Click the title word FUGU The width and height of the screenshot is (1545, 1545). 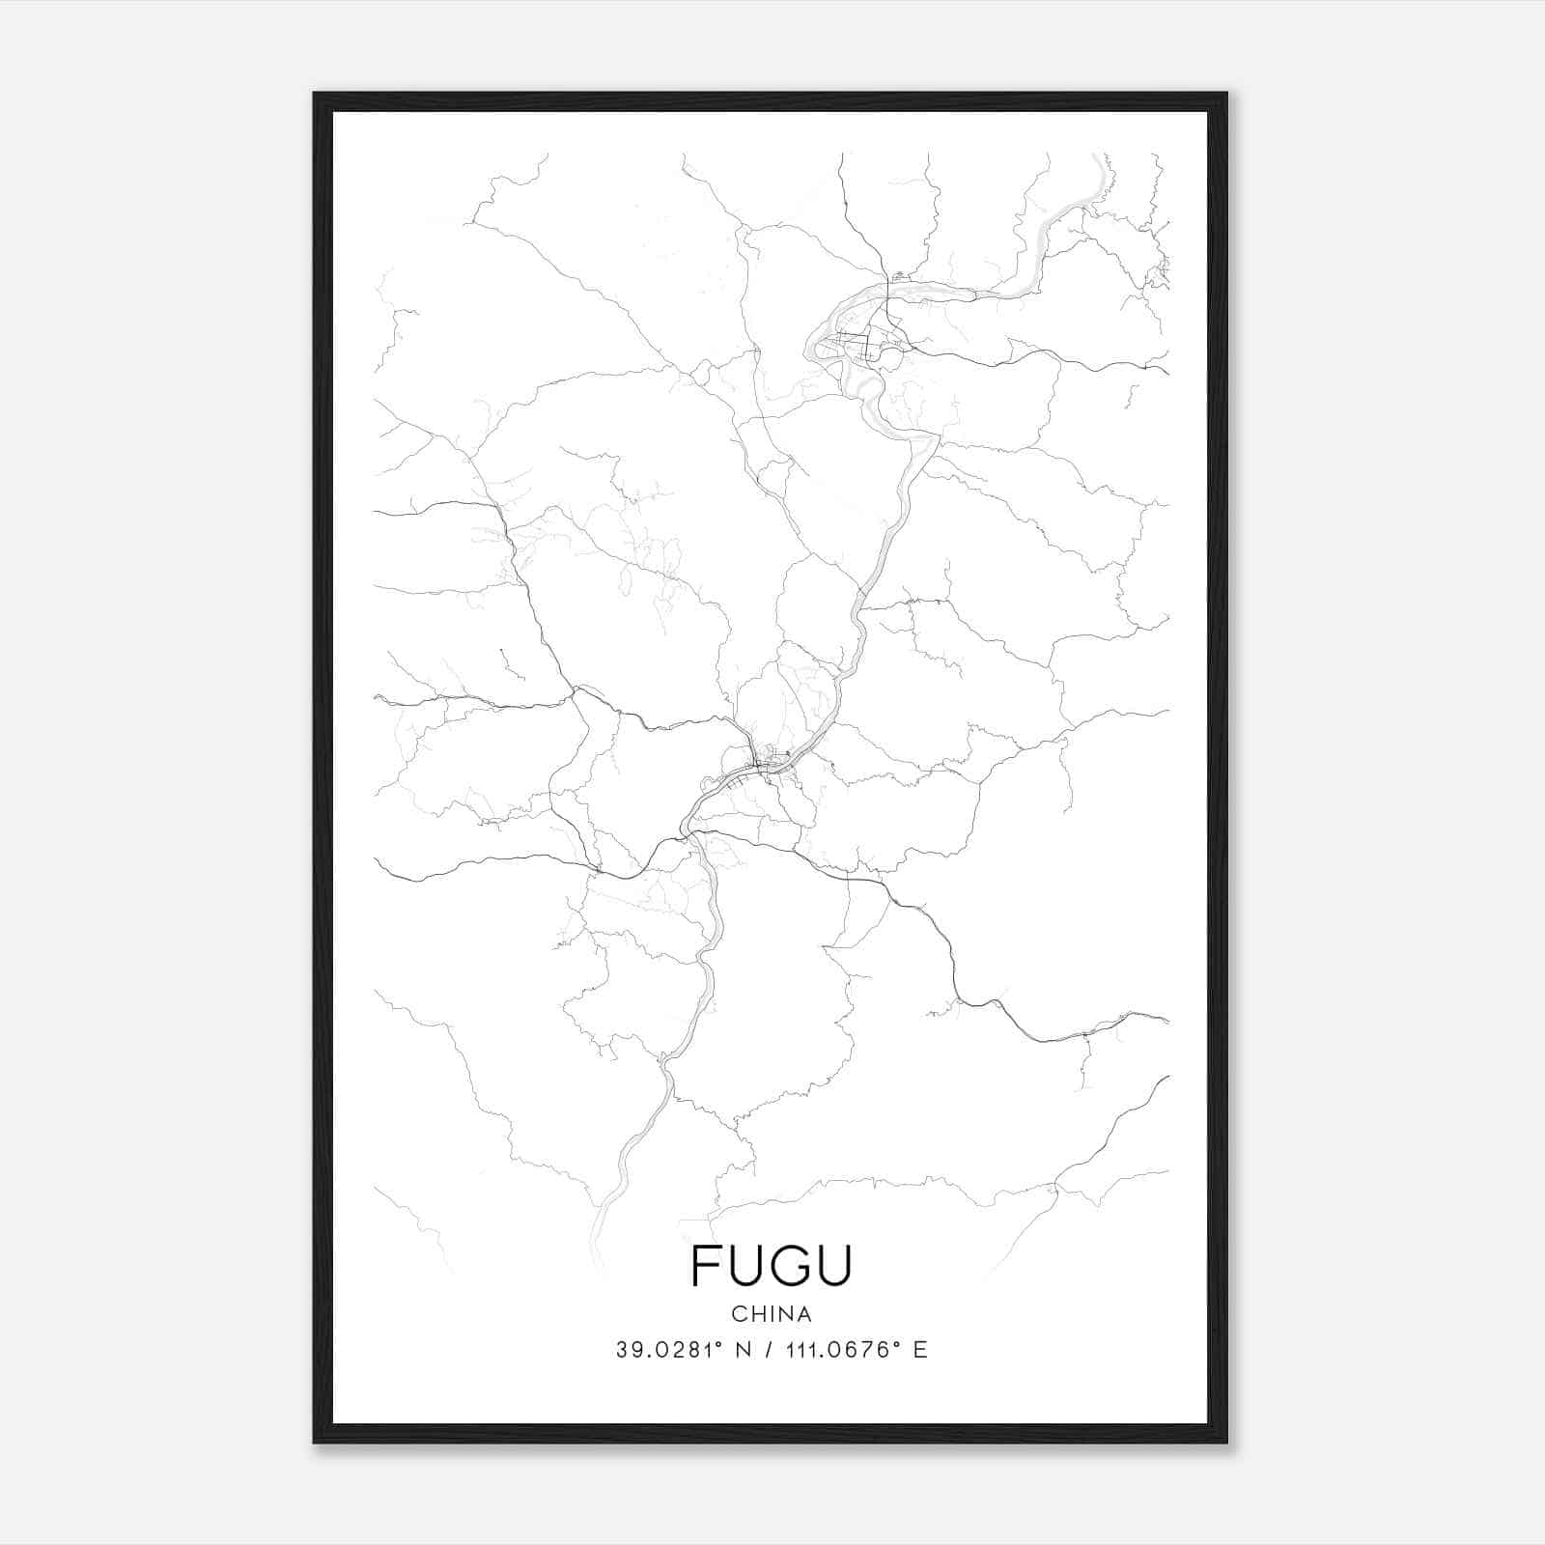tap(772, 1266)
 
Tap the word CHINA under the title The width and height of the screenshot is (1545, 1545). tap(772, 1314)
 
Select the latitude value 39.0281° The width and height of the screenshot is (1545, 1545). tap(670, 1350)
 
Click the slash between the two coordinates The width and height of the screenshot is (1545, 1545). tap(768, 1350)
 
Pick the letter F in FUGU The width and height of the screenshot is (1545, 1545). tap(705, 1266)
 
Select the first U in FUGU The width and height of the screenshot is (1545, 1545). tap(746, 1266)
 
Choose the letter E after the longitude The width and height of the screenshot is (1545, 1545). tap(920, 1350)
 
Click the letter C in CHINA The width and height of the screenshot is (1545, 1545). tap(738, 1314)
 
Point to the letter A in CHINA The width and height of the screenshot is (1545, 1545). tap(804, 1314)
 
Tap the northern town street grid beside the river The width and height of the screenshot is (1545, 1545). tap(864, 340)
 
